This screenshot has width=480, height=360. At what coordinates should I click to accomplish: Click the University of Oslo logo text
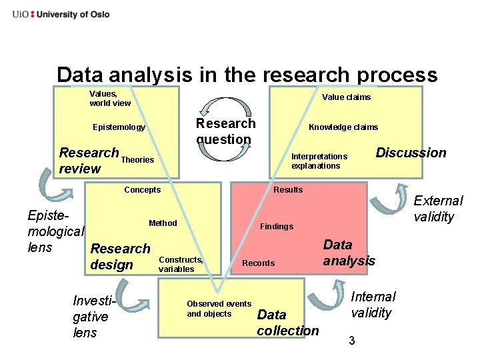click(61, 14)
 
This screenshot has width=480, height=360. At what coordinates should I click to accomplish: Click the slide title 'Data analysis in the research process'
click(247, 75)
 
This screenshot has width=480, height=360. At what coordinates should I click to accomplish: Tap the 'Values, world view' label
click(110, 99)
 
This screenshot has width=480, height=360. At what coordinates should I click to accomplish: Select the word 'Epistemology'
click(119, 127)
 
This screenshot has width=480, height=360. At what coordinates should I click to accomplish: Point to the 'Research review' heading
click(89, 161)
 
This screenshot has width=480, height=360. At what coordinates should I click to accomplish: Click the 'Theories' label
click(138, 160)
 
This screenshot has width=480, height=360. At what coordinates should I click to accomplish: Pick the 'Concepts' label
click(142, 190)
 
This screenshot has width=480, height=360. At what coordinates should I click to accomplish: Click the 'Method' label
click(163, 223)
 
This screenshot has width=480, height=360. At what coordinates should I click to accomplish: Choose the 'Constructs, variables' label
click(181, 264)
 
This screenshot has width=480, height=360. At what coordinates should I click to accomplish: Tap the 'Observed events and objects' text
click(219, 309)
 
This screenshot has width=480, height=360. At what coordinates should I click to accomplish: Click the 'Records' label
click(258, 263)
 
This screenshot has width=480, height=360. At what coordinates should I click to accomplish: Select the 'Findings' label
click(277, 227)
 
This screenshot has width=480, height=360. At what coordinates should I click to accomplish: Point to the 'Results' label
click(288, 190)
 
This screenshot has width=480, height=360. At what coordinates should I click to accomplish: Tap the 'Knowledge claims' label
click(343, 127)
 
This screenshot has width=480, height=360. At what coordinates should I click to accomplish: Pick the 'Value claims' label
click(346, 97)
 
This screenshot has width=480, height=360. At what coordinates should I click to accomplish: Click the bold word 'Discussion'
click(411, 153)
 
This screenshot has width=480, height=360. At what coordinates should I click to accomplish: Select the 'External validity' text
click(438, 209)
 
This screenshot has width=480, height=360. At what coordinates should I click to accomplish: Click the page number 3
click(352, 341)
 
